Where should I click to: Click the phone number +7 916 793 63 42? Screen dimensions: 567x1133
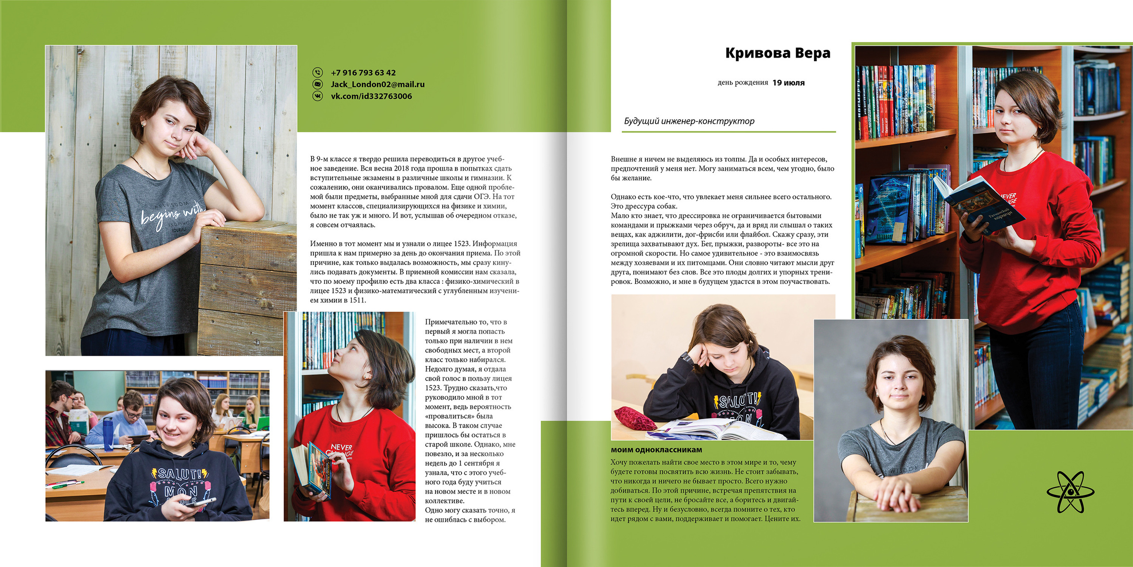pos(363,73)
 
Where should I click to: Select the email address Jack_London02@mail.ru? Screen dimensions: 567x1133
pos(378,84)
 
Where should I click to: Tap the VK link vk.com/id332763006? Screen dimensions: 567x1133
pos(371,96)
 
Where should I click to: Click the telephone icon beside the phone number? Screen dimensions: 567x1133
pos(318,72)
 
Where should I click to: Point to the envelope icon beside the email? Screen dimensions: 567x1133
pos(318,84)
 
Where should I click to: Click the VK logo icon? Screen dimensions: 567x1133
pos(318,96)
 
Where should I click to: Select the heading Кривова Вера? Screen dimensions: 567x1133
pos(778,53)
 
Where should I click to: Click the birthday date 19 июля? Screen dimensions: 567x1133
pos(788,83)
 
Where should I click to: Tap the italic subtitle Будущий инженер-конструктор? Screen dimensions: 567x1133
pos(689,121)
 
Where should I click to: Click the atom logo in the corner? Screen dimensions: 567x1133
pos(1070,492)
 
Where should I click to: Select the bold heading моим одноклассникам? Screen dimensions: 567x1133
pos(656,450)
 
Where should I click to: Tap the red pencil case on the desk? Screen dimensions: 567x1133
pos(634,419)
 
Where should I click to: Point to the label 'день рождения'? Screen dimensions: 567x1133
pos(743,83)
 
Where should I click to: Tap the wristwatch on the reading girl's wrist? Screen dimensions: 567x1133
pos(685,357)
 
